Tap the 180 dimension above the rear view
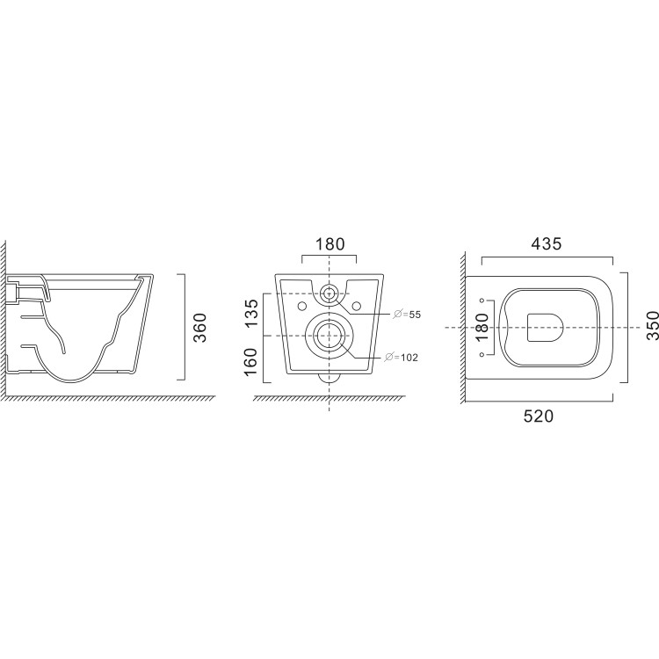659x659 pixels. [329, 243]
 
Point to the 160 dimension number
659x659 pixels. [250, 361]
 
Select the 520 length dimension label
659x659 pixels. [538, 418]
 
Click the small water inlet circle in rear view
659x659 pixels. [329, 292]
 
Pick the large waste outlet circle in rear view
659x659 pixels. [329, 337]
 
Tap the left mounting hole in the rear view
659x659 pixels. [301, 305]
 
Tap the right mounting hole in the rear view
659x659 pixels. [357, 305]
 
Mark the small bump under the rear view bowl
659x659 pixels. [329, 380]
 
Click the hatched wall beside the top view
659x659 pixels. [460, 334]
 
